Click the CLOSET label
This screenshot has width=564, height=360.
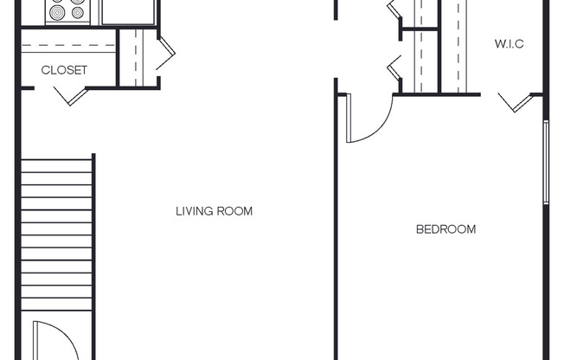tap(65, 71)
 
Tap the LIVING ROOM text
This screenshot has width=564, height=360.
tap(214, 211)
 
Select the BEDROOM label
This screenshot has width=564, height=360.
tap(445, 229)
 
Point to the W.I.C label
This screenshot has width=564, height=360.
tap(509, 44)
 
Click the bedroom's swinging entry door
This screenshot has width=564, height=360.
tap(365, 121)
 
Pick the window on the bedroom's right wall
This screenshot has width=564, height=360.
tap(545, 162)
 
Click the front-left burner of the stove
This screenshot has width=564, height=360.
tap(58, 13)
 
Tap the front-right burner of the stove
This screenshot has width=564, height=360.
tap(78, 13)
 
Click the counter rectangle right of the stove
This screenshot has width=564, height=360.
tap(127, 11)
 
